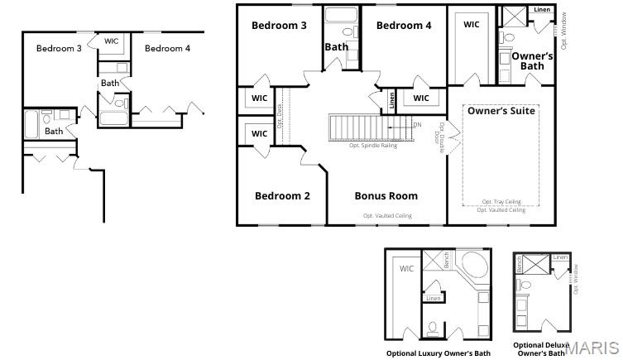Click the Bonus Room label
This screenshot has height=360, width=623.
[x=386, y=196]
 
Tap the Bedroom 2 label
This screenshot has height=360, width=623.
[x=282, y=196]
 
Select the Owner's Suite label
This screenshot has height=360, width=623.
[x=501, y=110]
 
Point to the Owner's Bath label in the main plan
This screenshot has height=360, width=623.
[x=532, y=61]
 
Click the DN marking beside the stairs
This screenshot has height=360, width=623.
[x=417, y=125]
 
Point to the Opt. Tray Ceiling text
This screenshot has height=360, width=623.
[x=501, y=202]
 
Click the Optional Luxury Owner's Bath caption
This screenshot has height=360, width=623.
[x=438, y=353]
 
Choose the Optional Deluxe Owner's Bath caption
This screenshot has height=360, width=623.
[x=541, y=349]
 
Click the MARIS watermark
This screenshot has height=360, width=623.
[x=592, y=348]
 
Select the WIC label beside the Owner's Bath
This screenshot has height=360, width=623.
[x=471, y=25]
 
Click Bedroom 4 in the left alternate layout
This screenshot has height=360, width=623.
[x=167, y=49]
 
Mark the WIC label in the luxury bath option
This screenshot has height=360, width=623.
[x=406, y=269]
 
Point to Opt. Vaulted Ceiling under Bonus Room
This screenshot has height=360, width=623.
[x=386, y=216]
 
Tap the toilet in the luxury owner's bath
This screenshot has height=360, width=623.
[x=433, y=328]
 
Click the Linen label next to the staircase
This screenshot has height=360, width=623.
[x=391, y=100]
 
